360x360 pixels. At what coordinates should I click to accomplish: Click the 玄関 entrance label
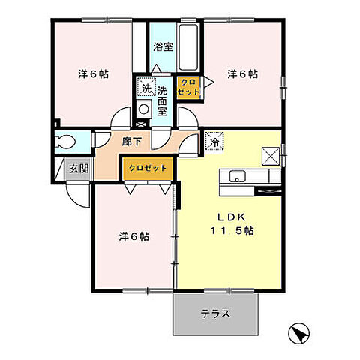click(78, 168)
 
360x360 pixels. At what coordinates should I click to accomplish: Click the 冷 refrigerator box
click(214, 140)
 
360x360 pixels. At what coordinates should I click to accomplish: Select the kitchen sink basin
click(237, 177)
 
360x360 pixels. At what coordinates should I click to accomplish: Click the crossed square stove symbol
click(270, 155)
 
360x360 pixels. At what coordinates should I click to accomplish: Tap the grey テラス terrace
click(217, 313)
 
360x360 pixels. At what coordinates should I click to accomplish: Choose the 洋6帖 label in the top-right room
click(243, 74)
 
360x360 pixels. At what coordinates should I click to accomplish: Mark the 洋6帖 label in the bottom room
click(133, 236)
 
